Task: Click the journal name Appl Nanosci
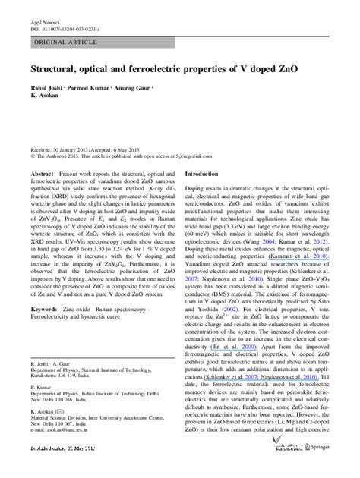42,16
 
